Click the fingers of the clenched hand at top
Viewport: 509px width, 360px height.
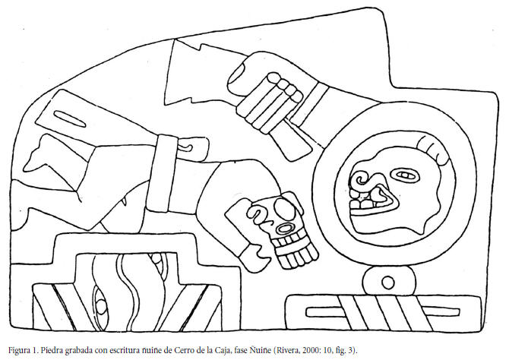(x=275, y=93)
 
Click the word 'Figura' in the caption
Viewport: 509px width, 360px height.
(x=17, y=350)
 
